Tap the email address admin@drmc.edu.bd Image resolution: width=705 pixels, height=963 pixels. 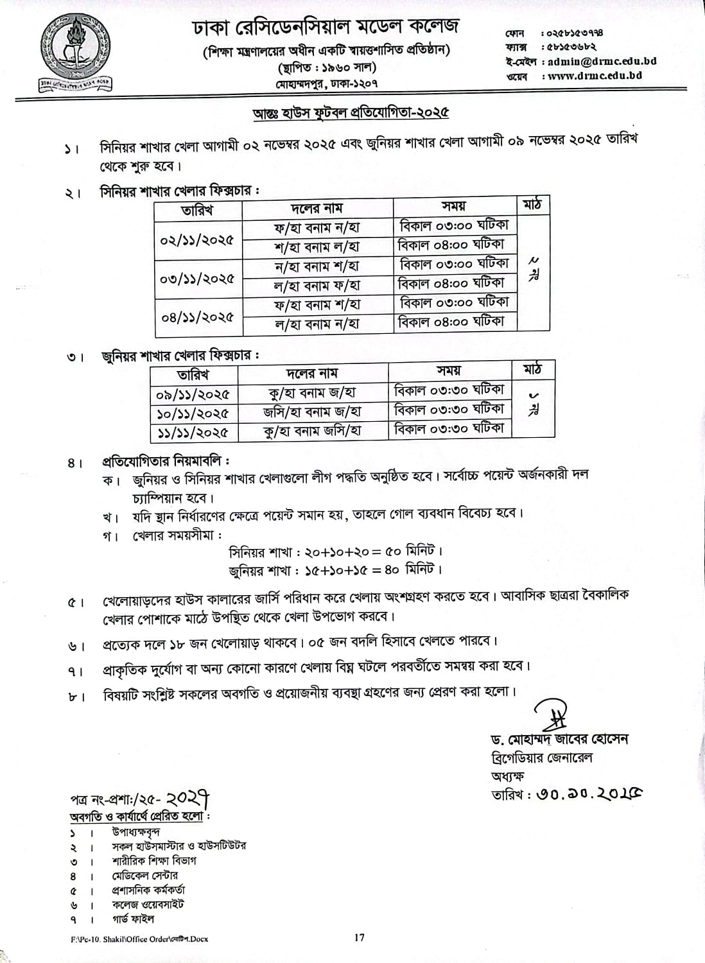tap(599, 62)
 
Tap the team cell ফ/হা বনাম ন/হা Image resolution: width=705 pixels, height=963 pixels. tap(317, 227)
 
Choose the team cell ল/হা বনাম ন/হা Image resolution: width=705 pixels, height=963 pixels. tap(317, 324)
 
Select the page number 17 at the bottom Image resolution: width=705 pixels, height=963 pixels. tap(359, 937)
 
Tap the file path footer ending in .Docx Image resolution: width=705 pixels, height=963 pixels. tap(139, 939)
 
